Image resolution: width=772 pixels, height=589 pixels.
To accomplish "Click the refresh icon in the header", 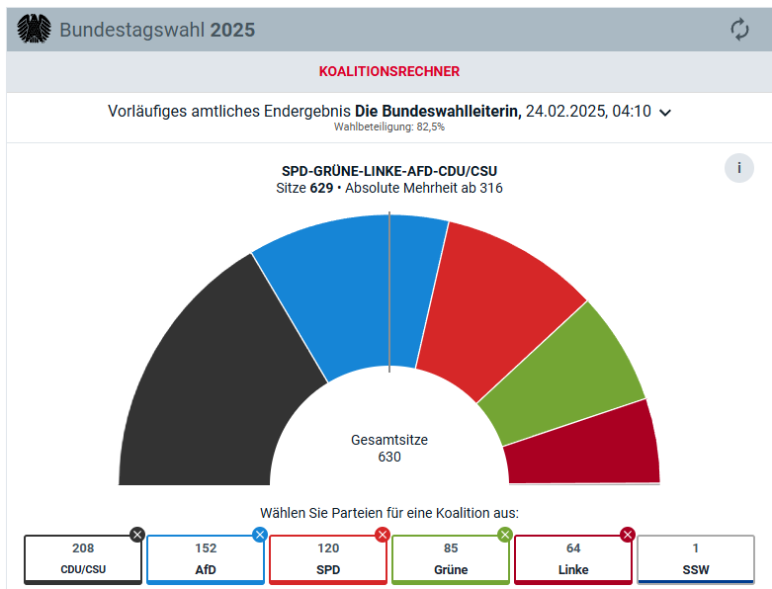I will tap(739, 30).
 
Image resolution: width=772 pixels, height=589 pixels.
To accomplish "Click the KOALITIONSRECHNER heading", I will tap(388, 71).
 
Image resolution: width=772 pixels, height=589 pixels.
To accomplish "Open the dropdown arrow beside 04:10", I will tap(665, 113).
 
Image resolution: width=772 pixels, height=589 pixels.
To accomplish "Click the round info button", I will tap(738, 168).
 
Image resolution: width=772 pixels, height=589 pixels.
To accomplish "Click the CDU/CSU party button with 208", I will tap(83, 559).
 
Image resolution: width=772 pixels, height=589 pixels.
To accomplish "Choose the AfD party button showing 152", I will tap(206, 559).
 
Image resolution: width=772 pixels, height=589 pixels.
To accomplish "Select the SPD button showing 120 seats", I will tap(328, 559).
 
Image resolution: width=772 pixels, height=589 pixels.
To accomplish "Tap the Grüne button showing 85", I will tap(451, 559).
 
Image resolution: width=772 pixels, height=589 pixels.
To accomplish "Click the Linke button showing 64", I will tap(573, 559).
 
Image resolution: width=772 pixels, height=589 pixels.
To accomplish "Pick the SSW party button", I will tap(696, 559).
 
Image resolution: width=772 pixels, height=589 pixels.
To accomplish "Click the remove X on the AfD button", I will tap(260, 535).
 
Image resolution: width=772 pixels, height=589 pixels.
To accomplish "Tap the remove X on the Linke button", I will tap(627, 535).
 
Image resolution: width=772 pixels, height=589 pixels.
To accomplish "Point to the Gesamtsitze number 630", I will tap(389, 457).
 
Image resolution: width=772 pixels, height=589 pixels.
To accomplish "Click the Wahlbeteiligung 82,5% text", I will tap(389, 127).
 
